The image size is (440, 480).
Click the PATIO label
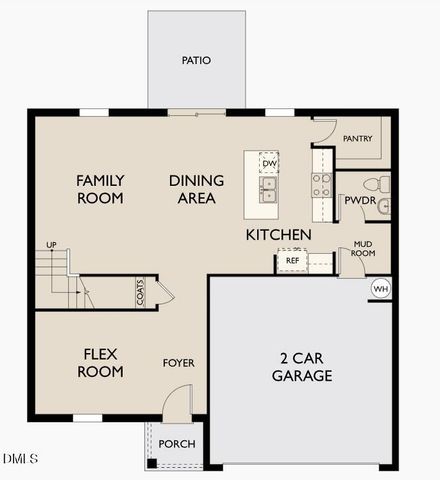[x=196, y=60]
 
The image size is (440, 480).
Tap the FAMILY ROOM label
[x=100, y=189]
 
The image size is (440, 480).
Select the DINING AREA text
[x=196, y=189]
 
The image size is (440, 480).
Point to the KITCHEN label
[x=279, y=234]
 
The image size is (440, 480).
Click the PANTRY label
[x=358, y=138]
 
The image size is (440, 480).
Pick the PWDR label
[x=358, y=200]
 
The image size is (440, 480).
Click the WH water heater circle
[x=380, y=289]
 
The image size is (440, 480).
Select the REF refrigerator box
[x=292, y=261]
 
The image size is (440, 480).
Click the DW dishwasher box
[x=269, y=163]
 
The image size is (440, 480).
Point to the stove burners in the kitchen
[x=322, y=184]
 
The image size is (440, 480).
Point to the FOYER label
[x=179, y=363]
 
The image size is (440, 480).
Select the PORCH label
[x=178, y=444]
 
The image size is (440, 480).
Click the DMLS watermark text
[x=20, y=459]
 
